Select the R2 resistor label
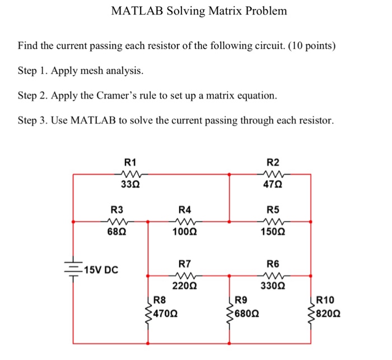coord(273,162)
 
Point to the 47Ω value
coord(273,185)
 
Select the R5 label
coord(273,210)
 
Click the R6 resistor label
coord(273,264)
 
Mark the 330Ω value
coord(273,286)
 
